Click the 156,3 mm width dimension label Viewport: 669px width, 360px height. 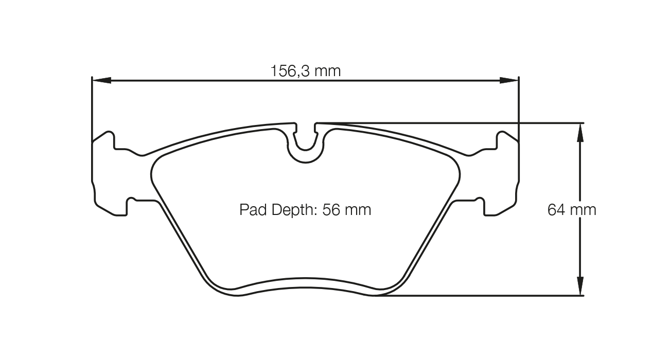pos(306,71)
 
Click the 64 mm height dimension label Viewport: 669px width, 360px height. pos(572,210)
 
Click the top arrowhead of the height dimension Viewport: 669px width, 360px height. pos(580,132)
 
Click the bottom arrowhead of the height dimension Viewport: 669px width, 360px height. pos(580,286)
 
